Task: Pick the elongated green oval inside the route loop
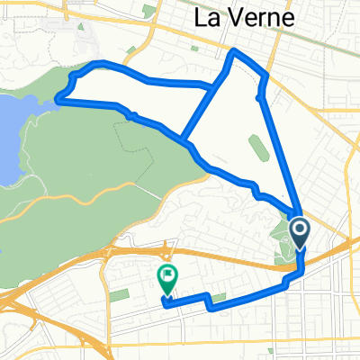256,146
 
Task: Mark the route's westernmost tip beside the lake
58,99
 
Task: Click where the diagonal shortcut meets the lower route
184,142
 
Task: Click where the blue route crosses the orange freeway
300,257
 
